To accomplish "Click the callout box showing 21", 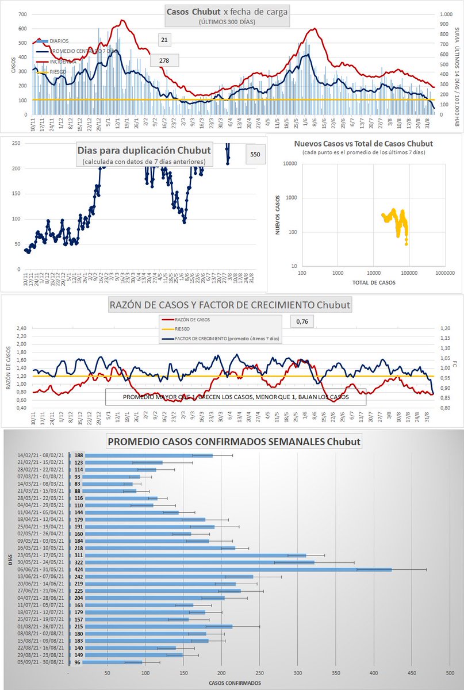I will pos(164,39).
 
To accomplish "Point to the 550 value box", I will pos(255,155).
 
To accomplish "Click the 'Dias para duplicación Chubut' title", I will pos(144,151).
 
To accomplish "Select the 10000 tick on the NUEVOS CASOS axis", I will pos(290,164).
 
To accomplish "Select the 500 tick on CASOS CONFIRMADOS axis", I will pos(450,673).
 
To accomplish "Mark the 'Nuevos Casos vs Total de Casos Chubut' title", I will pos(363,143).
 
